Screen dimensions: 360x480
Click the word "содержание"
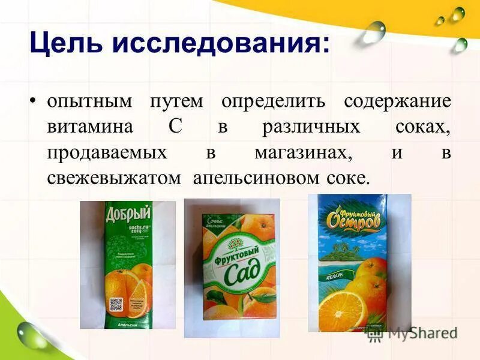click(397, 101)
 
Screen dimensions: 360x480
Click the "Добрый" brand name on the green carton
click(128, 214)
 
